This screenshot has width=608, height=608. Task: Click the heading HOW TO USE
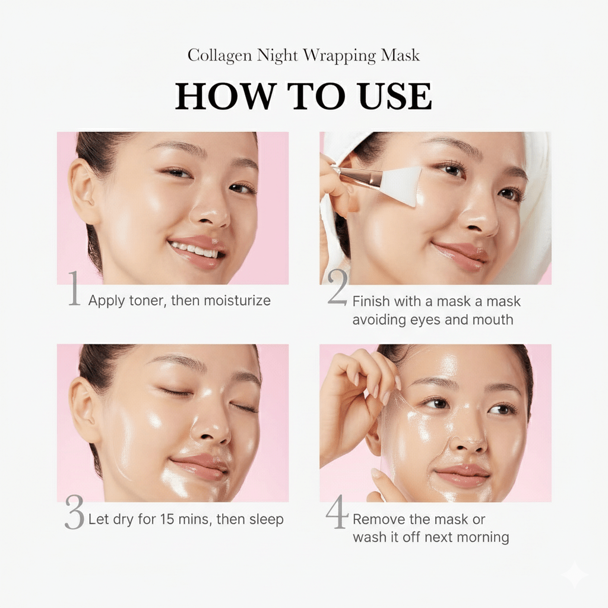(303, 96)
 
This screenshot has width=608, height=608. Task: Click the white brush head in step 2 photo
(403, 183)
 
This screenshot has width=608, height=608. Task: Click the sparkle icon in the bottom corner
(574, 575)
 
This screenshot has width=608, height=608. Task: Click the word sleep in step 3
(265, 520)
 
